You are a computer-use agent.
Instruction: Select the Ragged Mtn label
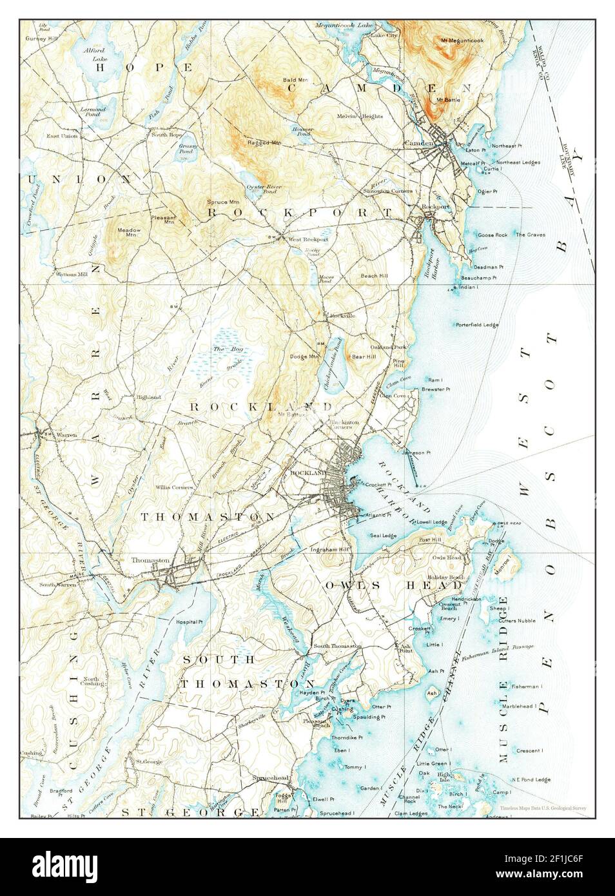pyautogui.click(x=264, y=142)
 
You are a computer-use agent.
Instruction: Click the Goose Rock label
pyautogui.click(x=493, y=235)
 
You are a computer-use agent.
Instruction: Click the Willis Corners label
pyautogui.click(x=175, y=487)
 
